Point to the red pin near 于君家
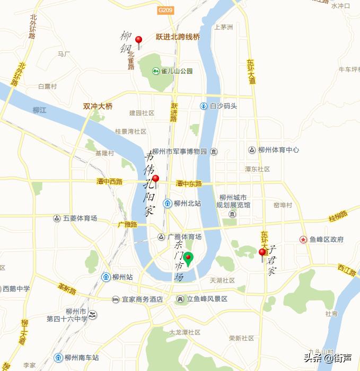coord(262,253)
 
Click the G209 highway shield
coord(166,10)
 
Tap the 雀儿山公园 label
coord(177,71)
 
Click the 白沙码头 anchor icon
coord(203,106)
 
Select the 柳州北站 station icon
coord(167,203)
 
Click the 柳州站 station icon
coord(106,277)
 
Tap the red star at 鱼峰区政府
coord(303,240)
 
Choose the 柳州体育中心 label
coord(278,150)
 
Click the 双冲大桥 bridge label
coord(98,106)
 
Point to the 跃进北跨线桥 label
coord(178,37)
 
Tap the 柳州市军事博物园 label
coord(179,152)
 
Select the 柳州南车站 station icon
coord(58,357)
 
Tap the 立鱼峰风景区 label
coord(207,299)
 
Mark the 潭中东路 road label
coord(189,183)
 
